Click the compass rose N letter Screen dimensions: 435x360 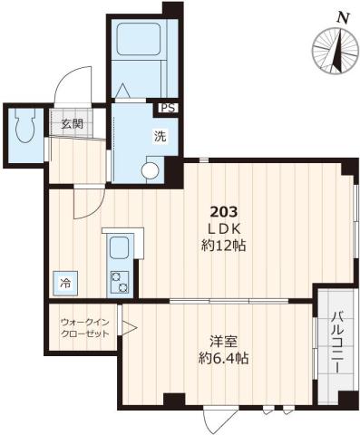[343, 15]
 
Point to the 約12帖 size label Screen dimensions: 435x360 [227, 245]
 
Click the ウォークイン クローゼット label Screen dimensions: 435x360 [83, 328]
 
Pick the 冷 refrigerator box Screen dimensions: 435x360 [64, 284]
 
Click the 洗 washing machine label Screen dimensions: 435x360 [159, 137]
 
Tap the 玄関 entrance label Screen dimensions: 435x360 [73, 125]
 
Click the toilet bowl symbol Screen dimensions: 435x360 [26, 129]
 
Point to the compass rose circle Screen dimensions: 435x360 [334, 51]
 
